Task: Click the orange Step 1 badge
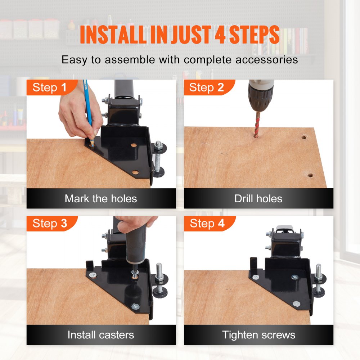[x=50, y=87]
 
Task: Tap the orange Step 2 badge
[x=207, y=87]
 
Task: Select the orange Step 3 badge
[x=50, y=223]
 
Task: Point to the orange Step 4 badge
[x=207, y=223]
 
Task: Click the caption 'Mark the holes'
[x=101, y=198]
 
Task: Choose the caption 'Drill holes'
[x=258, y=198]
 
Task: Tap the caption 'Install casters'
[x=101, y=334]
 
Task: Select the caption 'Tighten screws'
[x=258, y=334]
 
